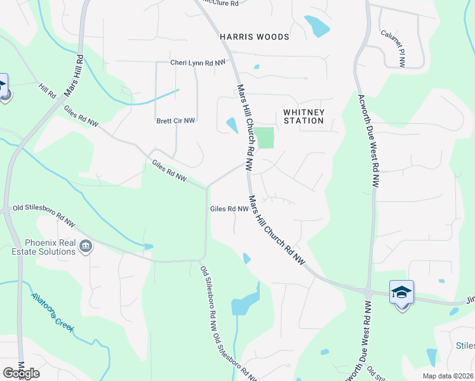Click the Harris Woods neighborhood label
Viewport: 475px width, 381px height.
[254, 37]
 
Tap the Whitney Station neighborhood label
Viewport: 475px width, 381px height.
[304, 116]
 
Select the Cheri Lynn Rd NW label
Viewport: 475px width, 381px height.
[198, 62]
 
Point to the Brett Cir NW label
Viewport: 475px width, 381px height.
[175, 120]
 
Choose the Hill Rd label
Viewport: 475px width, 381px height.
[47, 90]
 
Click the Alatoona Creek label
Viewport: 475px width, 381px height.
[53, 312]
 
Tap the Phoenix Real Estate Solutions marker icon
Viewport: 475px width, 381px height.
[86, 246]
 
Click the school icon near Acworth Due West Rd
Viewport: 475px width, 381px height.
[401, 292]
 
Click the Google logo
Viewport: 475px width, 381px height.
[21, 373]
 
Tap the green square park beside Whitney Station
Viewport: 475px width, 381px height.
[264, 138]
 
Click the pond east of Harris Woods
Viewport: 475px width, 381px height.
[317, 26]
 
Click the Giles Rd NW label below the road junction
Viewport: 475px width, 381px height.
[229, 208]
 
